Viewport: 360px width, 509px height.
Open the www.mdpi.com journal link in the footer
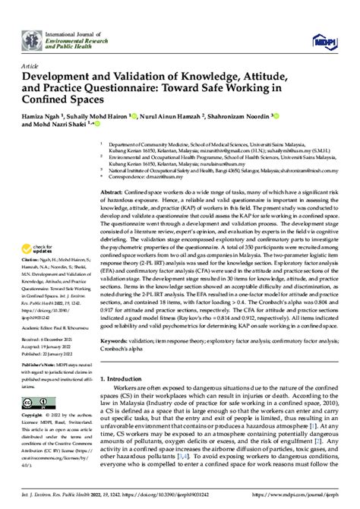311,501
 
